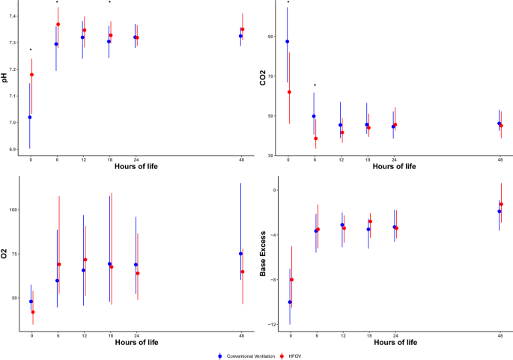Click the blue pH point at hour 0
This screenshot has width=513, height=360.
pyautogui.click(x=30, y=118)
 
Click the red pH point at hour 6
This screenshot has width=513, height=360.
pyautogui.click(x=58, y=25)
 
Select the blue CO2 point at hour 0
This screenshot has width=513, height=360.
pyautogui.click(x=288, y=42)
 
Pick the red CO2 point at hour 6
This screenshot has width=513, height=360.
pyautogui.click(x=316, y=138)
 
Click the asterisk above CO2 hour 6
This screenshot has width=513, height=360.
pyautogui.click(x=315, y=85)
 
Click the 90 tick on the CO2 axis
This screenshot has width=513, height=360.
pyautogui.click(x=272, y=36)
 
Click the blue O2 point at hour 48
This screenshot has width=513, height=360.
pyautogui.click(x=240, y=254)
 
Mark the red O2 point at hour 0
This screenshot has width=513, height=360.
pyautogui.click(x=33, y=312)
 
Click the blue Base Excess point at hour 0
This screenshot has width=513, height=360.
pyautogui.click(x=290, y=302)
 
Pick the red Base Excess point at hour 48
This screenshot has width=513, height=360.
pyautogui.click(x=501, y=204)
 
